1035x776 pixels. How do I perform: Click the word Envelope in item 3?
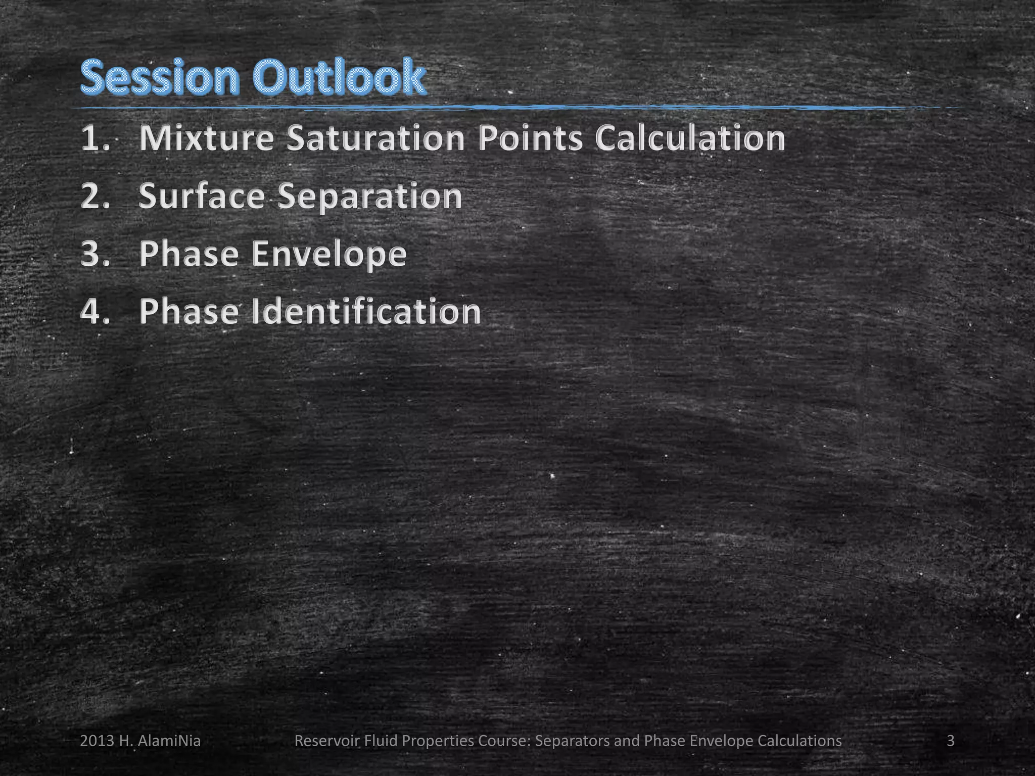coord(329,254)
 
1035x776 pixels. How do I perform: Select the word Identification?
coord(366,311)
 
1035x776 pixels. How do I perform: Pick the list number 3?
coord(94,254)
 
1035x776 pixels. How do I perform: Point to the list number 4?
coord(94,311)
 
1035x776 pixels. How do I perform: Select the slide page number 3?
coord(951,741)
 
